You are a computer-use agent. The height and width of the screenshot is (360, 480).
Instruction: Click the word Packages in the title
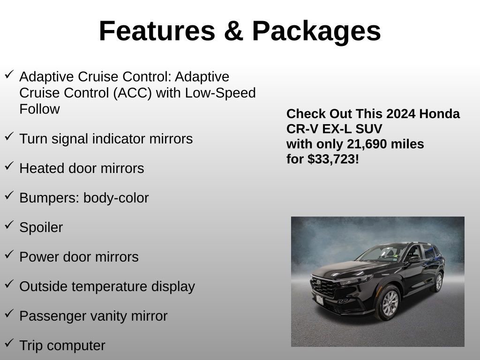[x=316, y=31]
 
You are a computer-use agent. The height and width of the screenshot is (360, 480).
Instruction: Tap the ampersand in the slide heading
[x=233, y=31]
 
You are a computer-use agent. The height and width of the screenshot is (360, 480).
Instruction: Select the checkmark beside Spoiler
[x=9, y=225]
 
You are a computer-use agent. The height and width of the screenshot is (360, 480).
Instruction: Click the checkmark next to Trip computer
[x=9, y=344]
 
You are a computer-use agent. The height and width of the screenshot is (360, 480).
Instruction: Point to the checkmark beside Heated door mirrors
[x=9, y=166]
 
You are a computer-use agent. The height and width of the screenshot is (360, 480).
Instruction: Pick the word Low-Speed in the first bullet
[x=220, y=93]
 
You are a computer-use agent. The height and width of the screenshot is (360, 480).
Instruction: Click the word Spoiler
[x=41, y=227]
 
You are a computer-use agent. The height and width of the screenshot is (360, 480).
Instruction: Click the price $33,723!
[x=333, y=159]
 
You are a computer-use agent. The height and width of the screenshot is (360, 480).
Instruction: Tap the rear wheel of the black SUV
[x=438, y=282]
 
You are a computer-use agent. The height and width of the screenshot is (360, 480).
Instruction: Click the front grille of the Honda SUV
[x=323, y=287]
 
